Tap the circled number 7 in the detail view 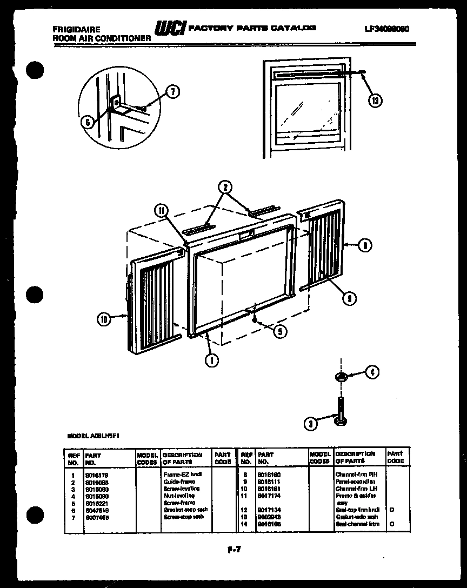pyautogui.click(x=172, y=92)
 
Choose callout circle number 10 pyautogui.click(x=104, y=319)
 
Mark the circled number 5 pyautogui.click(x=279, y=331)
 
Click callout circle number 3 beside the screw pyautogui.click(x=309, y=425)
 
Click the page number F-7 pyautogui.click(x=234, y=551)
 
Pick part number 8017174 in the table pyautogui.click(x=269, y=495)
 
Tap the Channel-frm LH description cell pyautogui.click(x=354, y=489)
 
